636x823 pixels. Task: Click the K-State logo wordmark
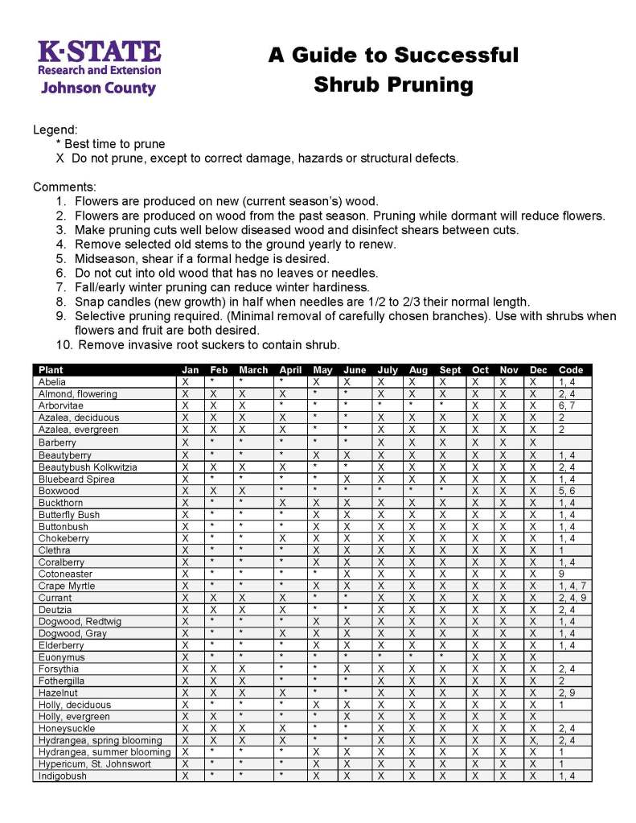[x=100, y=51]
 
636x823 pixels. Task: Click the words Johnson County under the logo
[x=98, y=88]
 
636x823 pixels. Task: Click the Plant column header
[x=51, y=370]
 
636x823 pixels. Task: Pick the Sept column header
[x=450, y=370]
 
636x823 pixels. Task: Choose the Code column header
[x=570, y=370]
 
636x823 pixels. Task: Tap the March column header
[x=253, y=370]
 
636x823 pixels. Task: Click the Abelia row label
[x=52, y=382]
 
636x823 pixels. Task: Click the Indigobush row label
[x=62, y=776]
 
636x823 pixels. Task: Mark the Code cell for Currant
[x=572, y=599]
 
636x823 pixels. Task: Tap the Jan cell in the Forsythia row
[x=186, y=669]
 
